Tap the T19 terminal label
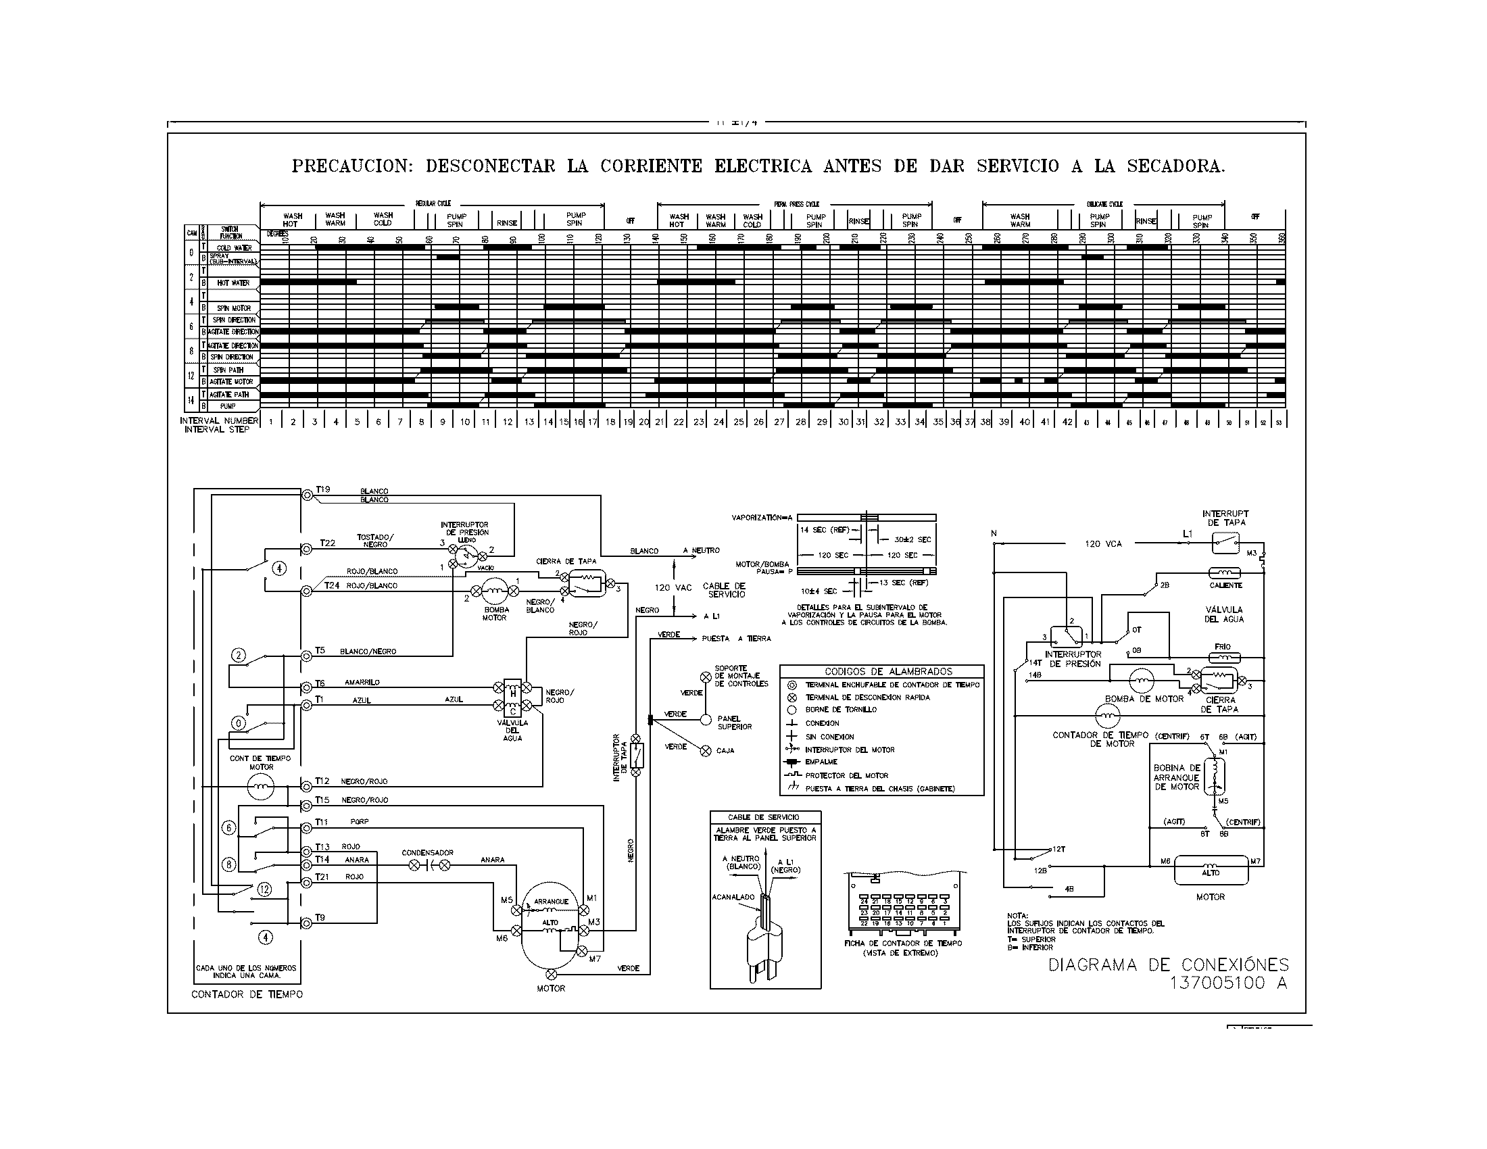pos(322,489)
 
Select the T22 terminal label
pos(328,543)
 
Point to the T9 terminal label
pos(320,918)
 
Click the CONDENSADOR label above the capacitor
pos(427,852)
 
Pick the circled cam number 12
pos(264,889)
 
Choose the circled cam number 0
pos(239,723)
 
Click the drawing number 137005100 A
pos(1228,983)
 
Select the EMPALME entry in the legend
pos(821,762)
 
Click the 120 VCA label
pos(1103,544)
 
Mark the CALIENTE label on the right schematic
pos(1225,585)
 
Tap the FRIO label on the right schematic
pos(1222,647)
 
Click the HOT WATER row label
pos(233,283)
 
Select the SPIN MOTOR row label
pos(234,308)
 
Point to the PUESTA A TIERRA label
pos(736,639)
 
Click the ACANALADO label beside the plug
pos(733,896)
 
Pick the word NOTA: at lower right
pos(1018,916)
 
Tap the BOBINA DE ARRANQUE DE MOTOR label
pos(1176,777)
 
